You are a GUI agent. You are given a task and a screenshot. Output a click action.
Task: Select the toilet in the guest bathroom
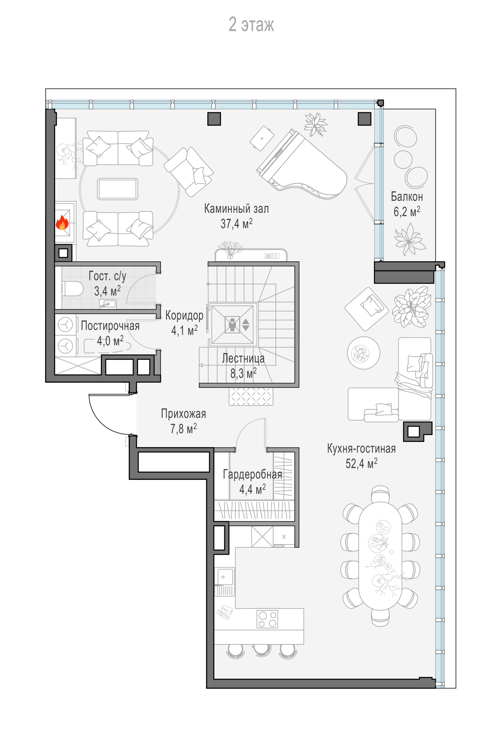(72, 288)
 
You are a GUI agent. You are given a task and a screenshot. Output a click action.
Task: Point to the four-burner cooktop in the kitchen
(267, 619)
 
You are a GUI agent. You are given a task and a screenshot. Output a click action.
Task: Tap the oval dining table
(380, 559)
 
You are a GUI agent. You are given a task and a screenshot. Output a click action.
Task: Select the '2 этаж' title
(251, 25)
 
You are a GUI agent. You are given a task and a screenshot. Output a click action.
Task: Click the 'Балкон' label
(407, 196)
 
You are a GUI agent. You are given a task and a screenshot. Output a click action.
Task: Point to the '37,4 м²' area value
(237, 224)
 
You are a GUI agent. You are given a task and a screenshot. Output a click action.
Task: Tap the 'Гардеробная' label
(252, 474)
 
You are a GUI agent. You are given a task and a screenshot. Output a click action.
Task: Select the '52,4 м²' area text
(361, 463)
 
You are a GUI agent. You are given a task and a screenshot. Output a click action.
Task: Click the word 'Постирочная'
(110, 325)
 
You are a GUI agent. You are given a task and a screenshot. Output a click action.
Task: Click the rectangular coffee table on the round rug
(117, 189)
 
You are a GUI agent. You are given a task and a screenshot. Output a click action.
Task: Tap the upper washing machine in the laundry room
(66, 325)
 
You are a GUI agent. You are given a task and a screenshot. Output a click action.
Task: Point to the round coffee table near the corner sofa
(363, 353)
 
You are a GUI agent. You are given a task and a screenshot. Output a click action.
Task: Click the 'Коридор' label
(184, 315)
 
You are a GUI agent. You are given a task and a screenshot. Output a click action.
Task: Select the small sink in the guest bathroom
(108, 304)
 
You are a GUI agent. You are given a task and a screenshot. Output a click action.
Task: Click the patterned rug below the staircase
(251, 396)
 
